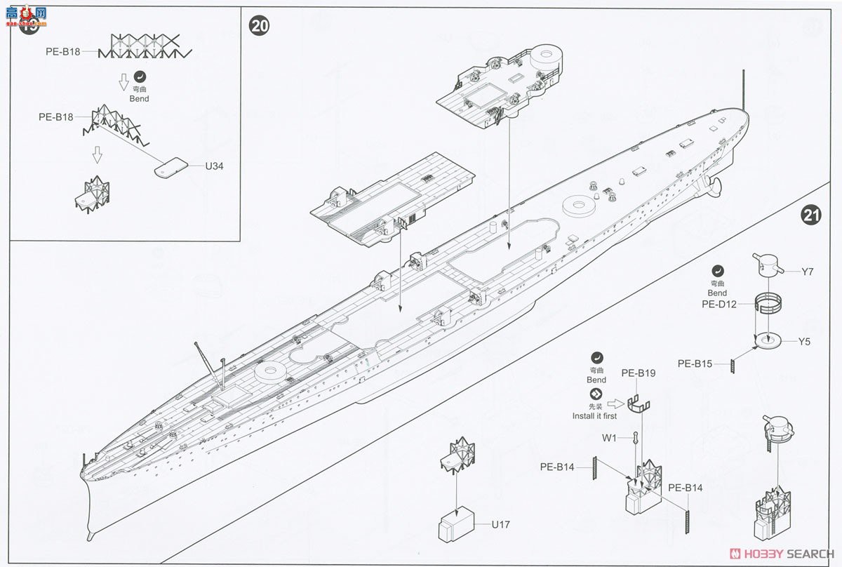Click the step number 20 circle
click(x=259, y=26)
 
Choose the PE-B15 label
click(x=695, y=363)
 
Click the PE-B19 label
click(x=638, y=373)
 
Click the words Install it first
click(x=596, y=415)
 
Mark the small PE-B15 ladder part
click(x=732, y=366)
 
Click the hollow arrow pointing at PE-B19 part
click(x=616, y=403)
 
